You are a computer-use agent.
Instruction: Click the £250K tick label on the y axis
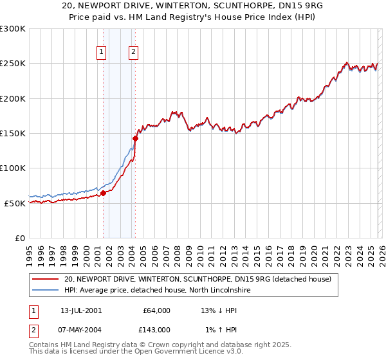[x=13, y=64]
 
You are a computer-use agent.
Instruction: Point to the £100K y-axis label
[x=13, y=168]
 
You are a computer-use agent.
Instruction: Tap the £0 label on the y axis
[x=19, y=238]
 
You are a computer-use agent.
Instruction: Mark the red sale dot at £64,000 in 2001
[x=103, y=193]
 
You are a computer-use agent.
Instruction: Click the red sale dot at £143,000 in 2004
[x=135, y=138]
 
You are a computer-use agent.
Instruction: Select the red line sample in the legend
[x=45, y=280]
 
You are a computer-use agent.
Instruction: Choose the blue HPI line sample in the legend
[x=45, y=291]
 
